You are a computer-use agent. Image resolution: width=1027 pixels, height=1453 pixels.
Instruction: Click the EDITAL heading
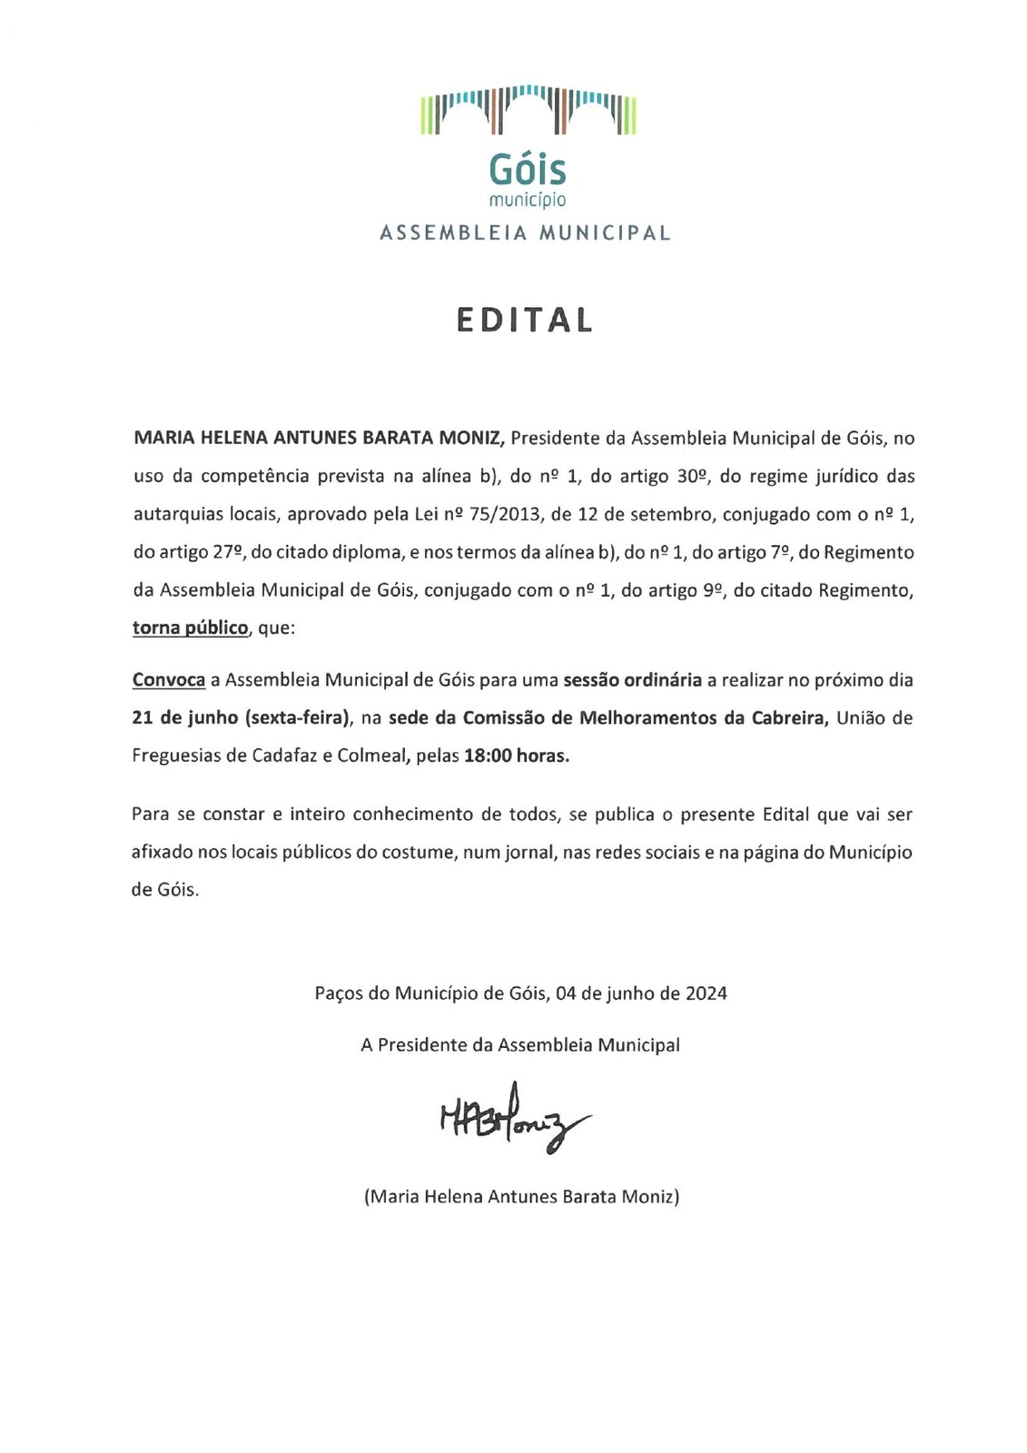[x=525, y=321]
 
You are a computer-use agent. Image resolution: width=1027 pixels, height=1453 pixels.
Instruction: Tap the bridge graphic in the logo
[x=528, y=111]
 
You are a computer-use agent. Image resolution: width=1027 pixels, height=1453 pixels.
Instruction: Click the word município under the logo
[x=527, y=199]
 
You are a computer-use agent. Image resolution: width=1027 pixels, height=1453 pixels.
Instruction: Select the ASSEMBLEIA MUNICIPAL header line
[x=525, y=232]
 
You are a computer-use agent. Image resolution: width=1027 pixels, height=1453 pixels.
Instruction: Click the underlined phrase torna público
[x=191, y=628]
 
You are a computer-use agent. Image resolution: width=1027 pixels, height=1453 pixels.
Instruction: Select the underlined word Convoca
[x=169, y=679]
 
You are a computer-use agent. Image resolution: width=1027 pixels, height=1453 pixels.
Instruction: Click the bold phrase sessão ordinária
[x=633, y=679]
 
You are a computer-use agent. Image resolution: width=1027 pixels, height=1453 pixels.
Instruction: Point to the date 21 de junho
[x=185, y=717]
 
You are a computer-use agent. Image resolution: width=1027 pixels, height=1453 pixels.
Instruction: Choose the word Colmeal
[x=371, y=756]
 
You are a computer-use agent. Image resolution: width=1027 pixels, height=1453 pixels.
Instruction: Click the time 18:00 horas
[x=517, y=756]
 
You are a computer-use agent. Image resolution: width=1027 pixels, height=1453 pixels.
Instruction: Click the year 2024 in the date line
[x=706, y=993]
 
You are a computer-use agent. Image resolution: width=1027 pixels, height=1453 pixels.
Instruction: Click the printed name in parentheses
[x=521, y=1196]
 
